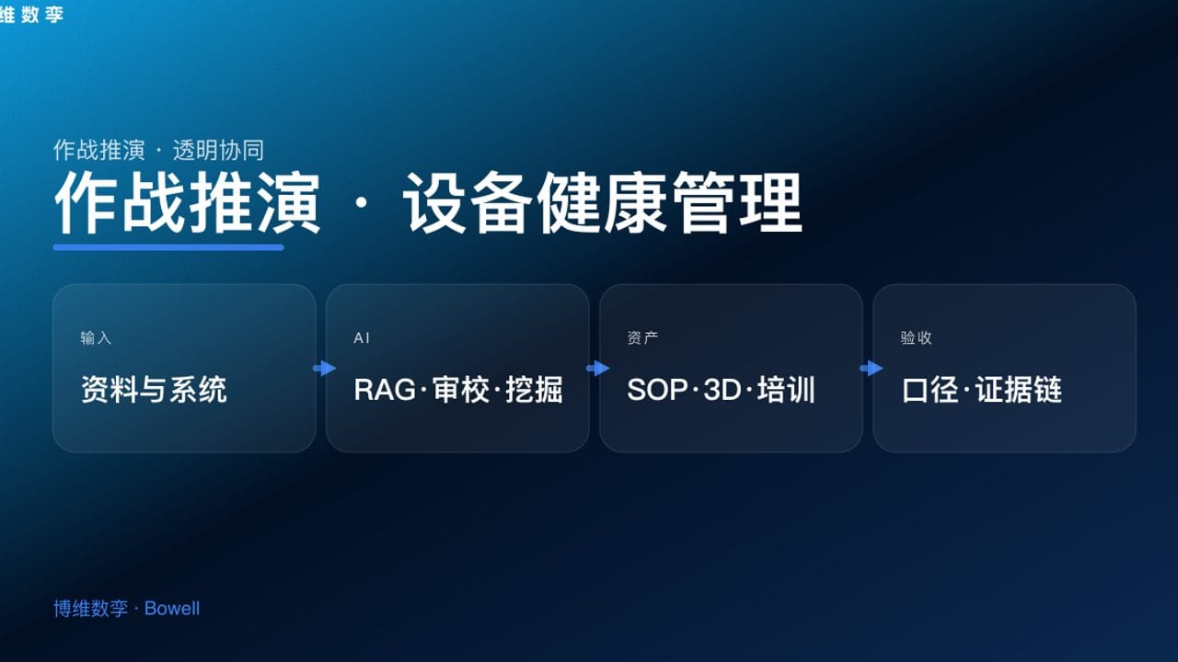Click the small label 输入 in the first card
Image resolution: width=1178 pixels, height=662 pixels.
(96, 338)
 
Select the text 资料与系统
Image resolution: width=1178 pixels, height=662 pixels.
(154, 390)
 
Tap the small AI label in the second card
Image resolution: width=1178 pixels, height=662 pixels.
(362, 338)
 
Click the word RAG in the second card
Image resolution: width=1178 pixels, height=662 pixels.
(385, 390)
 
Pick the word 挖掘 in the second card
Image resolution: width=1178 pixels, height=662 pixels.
(535, 390)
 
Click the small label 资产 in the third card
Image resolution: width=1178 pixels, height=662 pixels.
(642, 338)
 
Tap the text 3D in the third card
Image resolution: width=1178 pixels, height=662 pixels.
(722, 390)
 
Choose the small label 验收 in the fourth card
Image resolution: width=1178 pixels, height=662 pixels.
(916, 338)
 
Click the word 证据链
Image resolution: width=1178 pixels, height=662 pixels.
(1019, 390)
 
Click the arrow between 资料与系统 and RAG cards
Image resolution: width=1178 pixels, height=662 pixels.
(324, 369)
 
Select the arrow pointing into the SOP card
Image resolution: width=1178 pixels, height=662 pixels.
(597, 369)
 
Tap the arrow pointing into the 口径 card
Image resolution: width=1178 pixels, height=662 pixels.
(871, 369)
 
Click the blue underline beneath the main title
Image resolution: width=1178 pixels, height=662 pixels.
(168, 247)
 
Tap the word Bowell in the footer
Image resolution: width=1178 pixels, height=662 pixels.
(172, 609)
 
